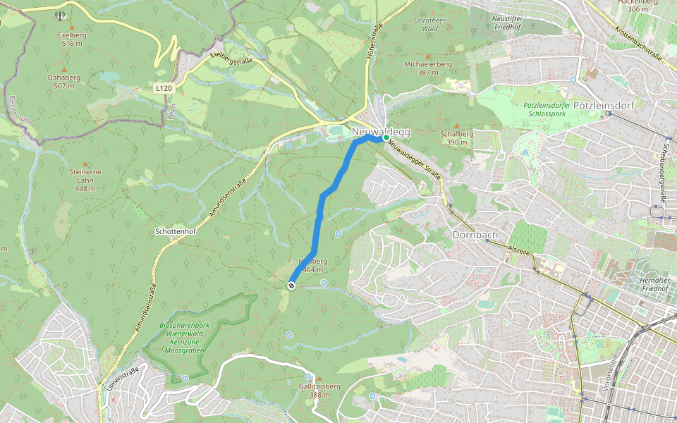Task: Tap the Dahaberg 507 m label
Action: (x=63, y=81)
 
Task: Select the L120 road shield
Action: (x=163, y=88)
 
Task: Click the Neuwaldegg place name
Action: (x=381, y=131)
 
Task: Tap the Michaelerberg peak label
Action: (x=427, y=68)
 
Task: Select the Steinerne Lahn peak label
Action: (x=85, y=179)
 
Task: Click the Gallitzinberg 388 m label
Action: (x=319, y=390)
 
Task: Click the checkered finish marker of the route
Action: (x=291, y=285)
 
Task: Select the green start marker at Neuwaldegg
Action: (x=385, y=139)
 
